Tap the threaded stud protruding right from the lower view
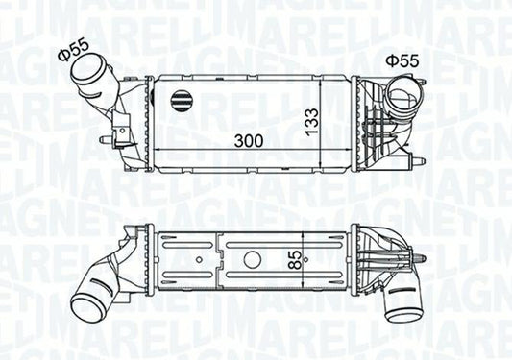(x=423, y=261)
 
